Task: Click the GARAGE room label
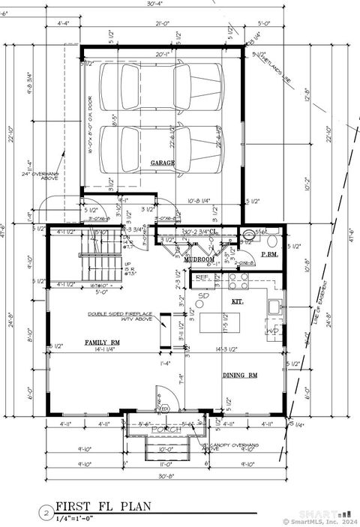pyautogui.click(x=163, y=163)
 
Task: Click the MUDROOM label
pyautogui.click(x=200, y=259)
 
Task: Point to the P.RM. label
pyautogui.click(x=269, y=255)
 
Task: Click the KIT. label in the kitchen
pyautogui.click(x=237, y=300)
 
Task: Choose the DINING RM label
pyautogui.click(x=240, y=375)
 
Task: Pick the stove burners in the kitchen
pyautogui.click(x=238, y=281)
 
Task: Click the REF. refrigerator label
pyautogui.click(x=201, y=277)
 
